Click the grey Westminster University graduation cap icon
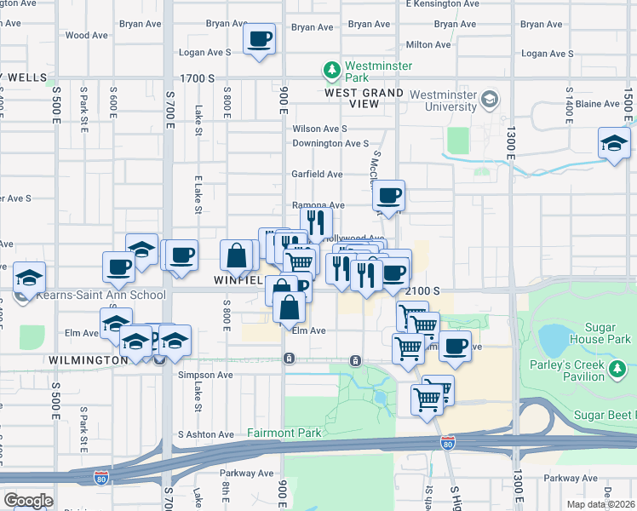point(490,100)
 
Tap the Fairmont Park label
point(284,433)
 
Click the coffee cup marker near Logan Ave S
point(259,39)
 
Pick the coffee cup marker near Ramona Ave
point(388,197)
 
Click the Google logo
point(28,500)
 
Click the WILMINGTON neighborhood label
point(88,360)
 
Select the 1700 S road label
point(198,78)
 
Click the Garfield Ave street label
point(318,175)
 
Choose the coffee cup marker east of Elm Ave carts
point(454,347)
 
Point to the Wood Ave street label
point(86,36)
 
